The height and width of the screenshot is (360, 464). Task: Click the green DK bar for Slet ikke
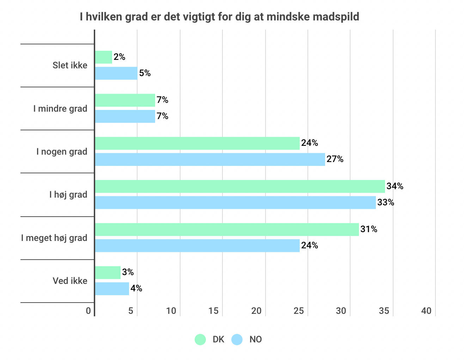[104, 57]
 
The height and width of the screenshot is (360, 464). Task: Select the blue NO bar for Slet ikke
[116, 73]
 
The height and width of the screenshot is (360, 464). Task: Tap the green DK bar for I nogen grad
[197, 143]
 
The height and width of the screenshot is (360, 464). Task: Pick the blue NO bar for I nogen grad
[210, 160]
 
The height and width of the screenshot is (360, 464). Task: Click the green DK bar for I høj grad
[240, 186]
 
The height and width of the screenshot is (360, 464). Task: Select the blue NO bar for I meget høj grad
[197, 246]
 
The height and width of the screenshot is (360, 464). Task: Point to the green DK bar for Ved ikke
[108, 273]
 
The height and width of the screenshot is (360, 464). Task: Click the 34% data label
[395, 186]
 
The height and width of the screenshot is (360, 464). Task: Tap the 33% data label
[385, 203]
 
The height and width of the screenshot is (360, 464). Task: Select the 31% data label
[368, 229]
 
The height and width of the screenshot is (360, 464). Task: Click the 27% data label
[335, 159]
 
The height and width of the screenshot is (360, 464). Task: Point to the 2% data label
[120, 57]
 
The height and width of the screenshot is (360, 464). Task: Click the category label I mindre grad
[60, 108]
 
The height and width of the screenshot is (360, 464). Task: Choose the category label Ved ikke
[70, 281]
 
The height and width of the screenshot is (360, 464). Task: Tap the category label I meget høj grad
[54, 238]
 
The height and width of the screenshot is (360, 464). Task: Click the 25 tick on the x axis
[299, 311]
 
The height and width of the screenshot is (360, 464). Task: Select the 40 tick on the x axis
[426, 311]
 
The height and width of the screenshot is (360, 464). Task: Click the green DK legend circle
[200, 340]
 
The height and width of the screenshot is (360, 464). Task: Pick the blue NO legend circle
[237, 340]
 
